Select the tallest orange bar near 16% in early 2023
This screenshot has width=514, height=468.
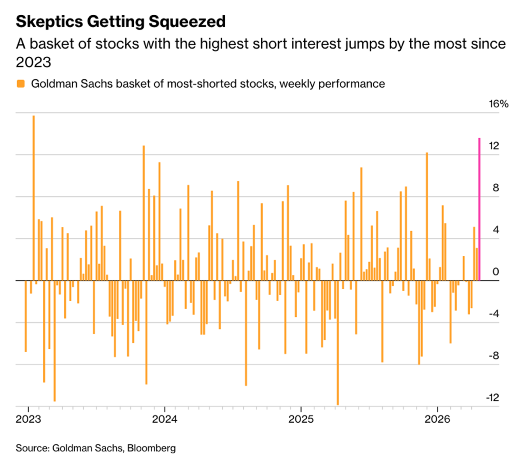point(33,198)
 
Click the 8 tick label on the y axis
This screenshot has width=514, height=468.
point(495,187)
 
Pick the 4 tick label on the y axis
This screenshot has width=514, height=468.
point(495,229)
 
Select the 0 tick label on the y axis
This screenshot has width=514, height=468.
point(495,272)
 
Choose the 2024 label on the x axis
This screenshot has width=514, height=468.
point(165,420)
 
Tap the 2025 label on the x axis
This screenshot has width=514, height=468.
point(301,420)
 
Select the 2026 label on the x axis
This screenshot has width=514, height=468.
point(437,420)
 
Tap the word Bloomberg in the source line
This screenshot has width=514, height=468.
point(151,448)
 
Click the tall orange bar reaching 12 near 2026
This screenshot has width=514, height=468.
point(427,216)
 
